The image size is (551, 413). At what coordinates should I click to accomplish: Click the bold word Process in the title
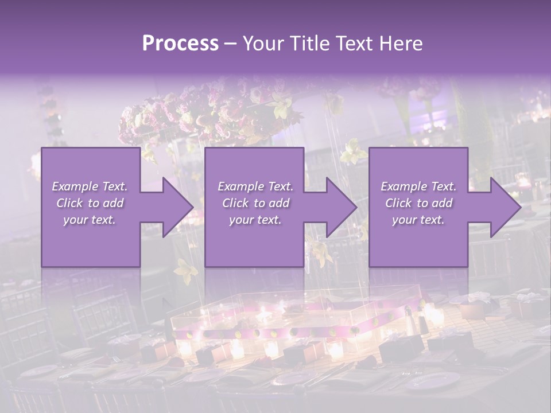(180, 44)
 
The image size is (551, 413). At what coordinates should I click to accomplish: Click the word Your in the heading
(263, 44)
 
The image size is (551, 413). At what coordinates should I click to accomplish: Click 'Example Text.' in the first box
(90, 186)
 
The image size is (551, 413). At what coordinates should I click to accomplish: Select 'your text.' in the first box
(90, 220)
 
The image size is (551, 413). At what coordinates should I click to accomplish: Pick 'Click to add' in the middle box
(255, 203)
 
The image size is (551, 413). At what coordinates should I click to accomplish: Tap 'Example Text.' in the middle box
(255, 186)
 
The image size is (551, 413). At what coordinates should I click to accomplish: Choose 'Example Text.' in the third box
(418, 186)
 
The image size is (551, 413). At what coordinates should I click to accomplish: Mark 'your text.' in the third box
(418, 220)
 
